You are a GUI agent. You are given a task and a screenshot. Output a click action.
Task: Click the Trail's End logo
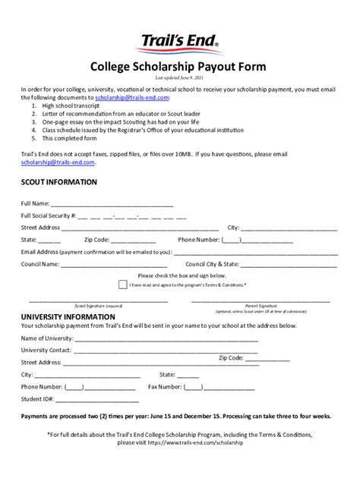click(x=179, y=43)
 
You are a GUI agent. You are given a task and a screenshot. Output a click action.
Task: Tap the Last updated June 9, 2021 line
click(x=179, y=77)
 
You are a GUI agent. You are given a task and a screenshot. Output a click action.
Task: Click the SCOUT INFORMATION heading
click(x=58, y=182)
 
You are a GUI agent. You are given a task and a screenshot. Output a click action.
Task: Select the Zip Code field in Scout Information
click(x=141, y=239)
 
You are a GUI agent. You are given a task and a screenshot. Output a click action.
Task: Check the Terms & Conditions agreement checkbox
click(x=144, y=285)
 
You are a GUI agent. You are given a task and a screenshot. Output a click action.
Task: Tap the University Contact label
click(x=46, y=350)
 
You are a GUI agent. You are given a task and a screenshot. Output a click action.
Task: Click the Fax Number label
click(x=164, y=386)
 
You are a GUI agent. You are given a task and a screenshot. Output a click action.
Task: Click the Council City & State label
click(x=213, y=264)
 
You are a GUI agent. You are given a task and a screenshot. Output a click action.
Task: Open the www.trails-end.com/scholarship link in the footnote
click(x=205, y=442)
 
